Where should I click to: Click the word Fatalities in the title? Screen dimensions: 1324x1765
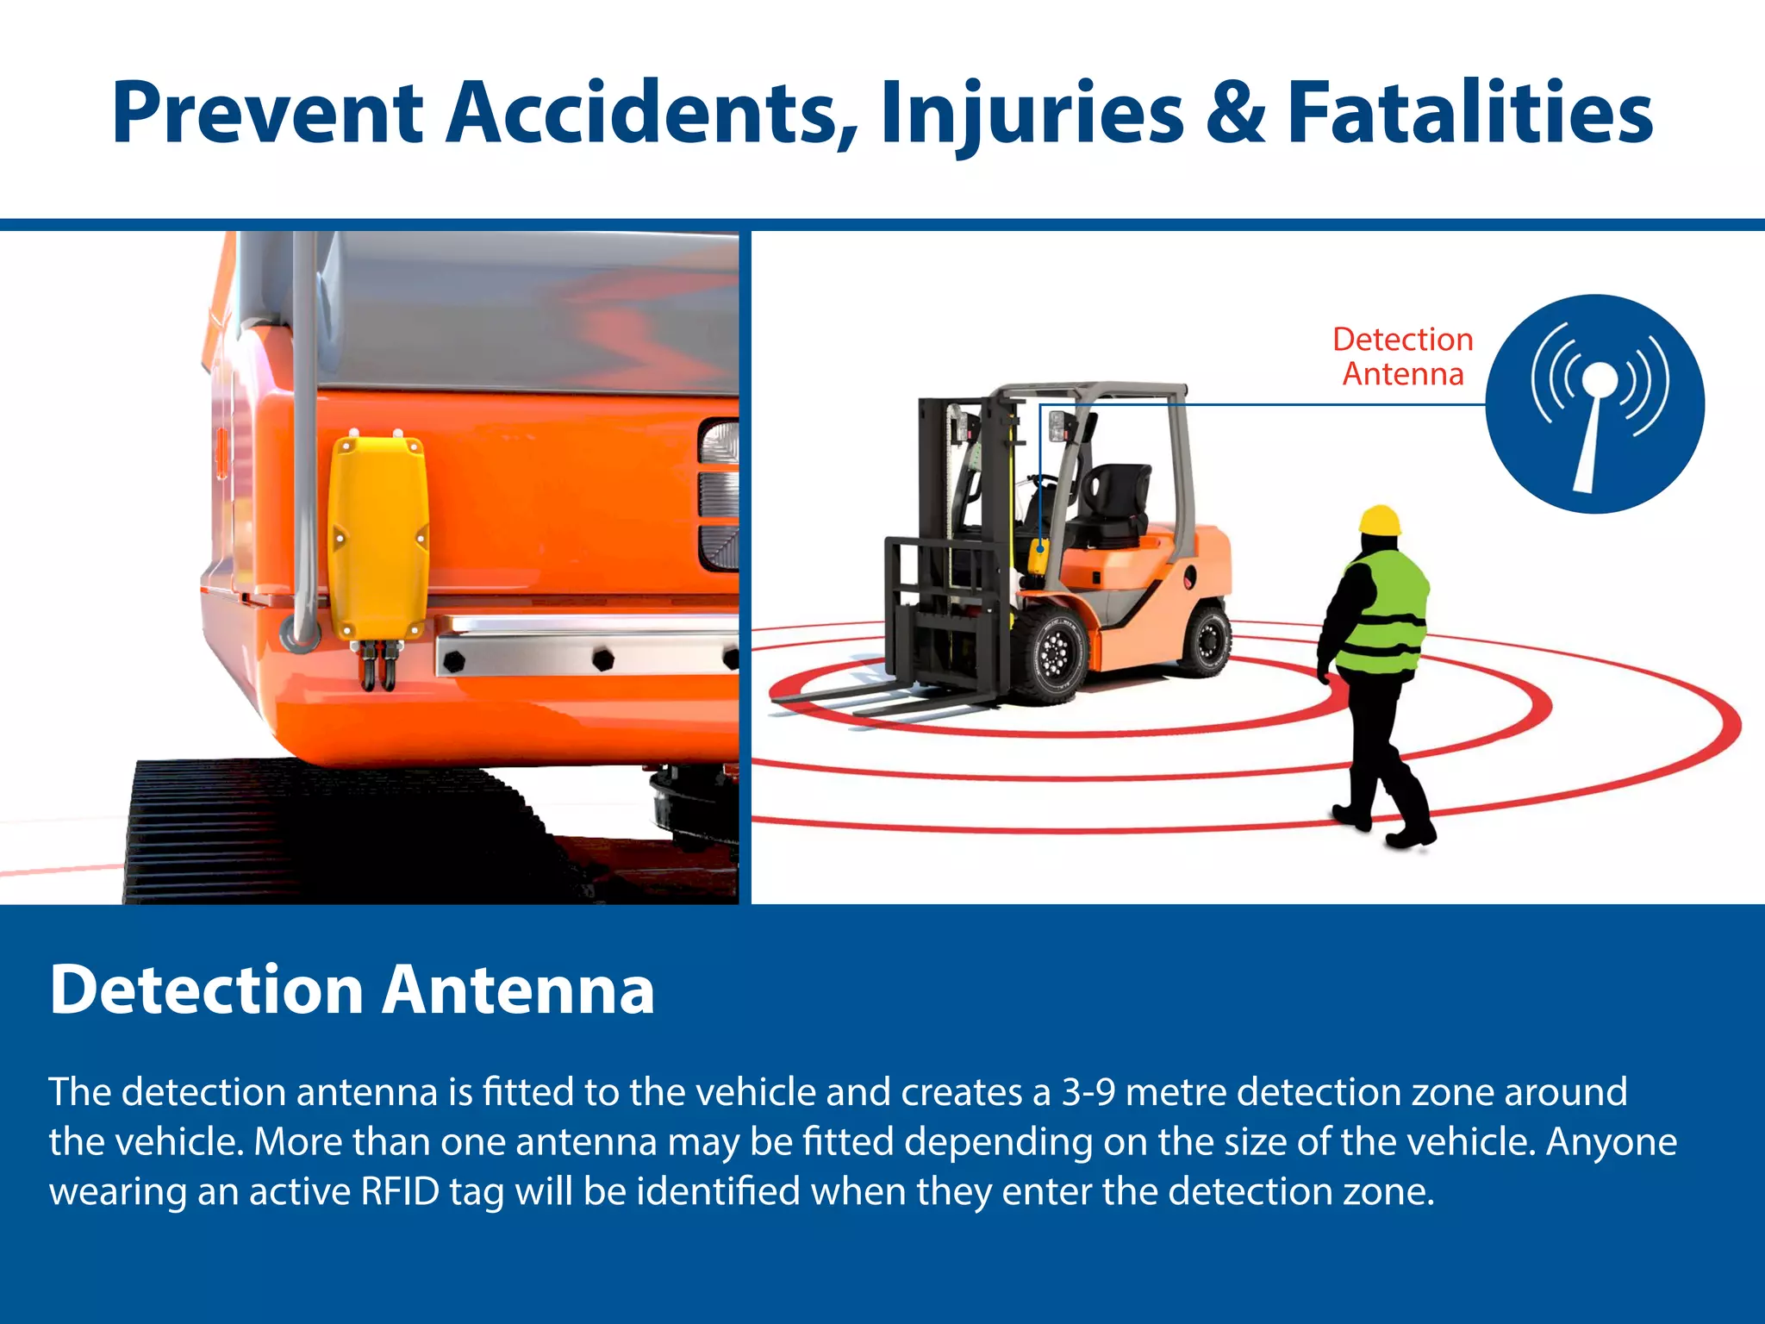click(x=1469, y=112)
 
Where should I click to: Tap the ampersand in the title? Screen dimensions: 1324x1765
click(x=1235, y=112)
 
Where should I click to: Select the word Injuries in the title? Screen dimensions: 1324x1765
click(x=1032, y=114)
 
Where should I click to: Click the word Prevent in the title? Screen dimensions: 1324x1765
click(x=267, y=112)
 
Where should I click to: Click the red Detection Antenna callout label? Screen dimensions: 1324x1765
click(x=1402, y=356)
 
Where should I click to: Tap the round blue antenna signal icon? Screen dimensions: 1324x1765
click(x=1595, y=403)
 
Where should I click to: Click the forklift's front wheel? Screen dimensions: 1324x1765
click(x=1049, y=653)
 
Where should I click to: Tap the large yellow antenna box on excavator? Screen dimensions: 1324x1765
click(x=378, y=536)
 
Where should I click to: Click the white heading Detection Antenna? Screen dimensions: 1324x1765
click(x=352, y=990)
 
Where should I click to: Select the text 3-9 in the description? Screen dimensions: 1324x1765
click(x=1088, y=1091)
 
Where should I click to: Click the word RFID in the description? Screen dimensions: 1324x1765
click(x=400, y=1191)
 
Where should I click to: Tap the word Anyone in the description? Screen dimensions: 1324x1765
click(x=1611, y=1141)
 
